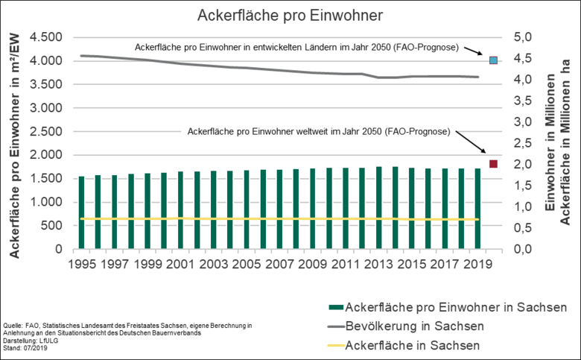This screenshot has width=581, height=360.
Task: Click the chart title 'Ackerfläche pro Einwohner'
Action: click(290, 15)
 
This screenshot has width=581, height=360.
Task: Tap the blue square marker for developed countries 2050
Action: click(493, 60)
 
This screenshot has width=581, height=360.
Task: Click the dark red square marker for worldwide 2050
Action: click(493, 163)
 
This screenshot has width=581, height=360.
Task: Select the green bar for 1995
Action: click(82, 212)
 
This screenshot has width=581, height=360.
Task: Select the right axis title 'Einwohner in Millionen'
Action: click(551, 143)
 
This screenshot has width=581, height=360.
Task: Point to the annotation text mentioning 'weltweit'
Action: click(319, 131)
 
